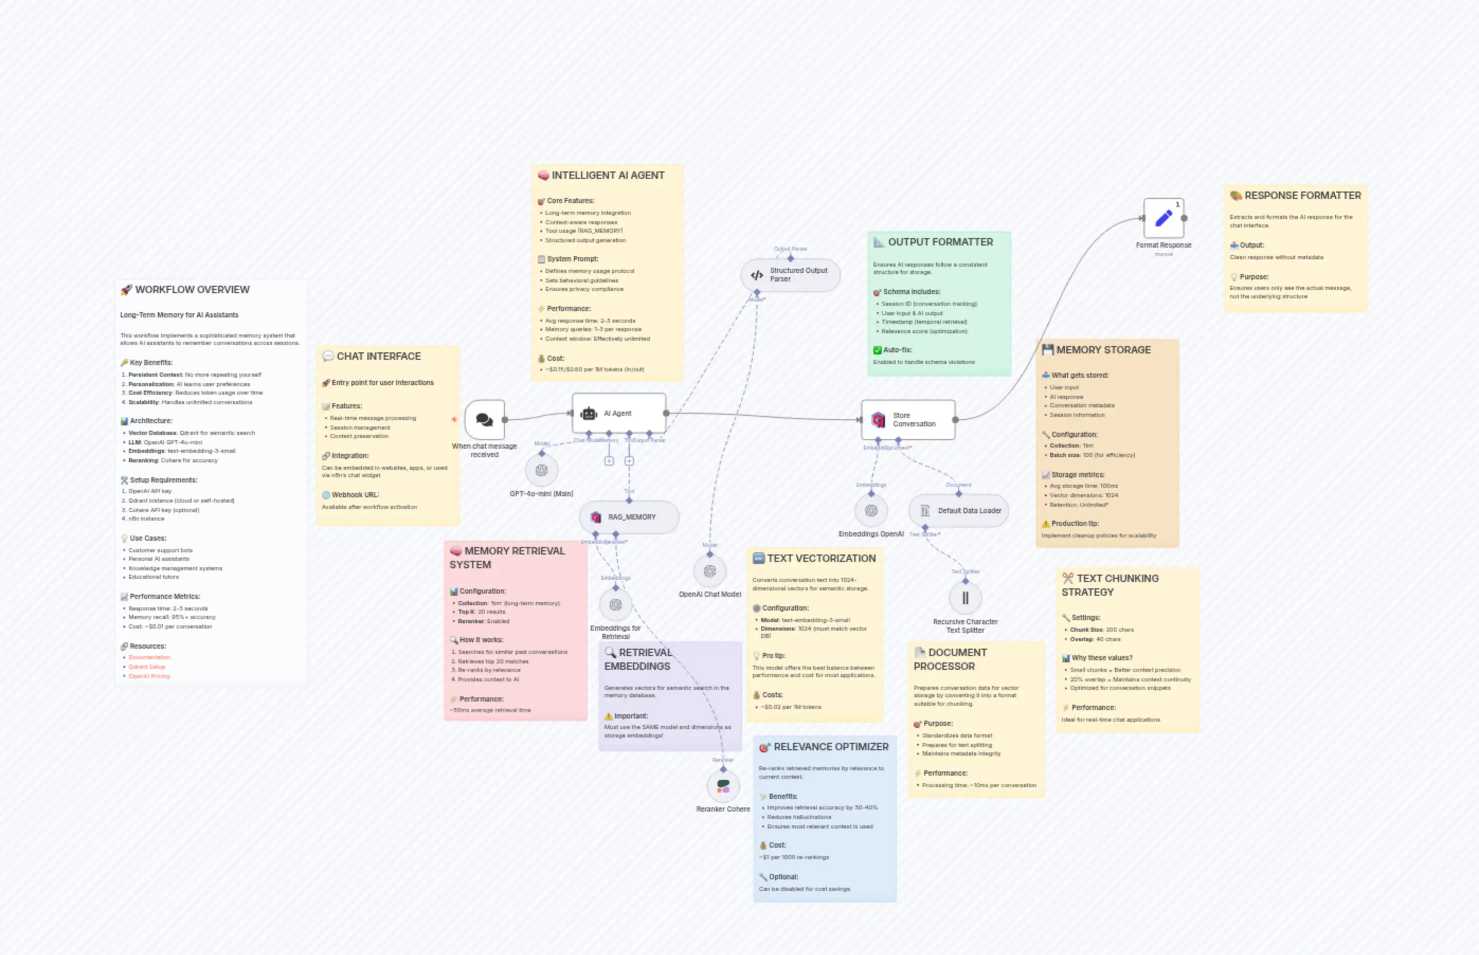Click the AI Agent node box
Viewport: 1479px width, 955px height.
618,413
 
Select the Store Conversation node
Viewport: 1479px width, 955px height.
908,420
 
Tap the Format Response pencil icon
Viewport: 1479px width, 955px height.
1163,219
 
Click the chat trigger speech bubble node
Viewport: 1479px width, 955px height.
484,420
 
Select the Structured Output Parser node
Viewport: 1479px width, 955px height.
790,275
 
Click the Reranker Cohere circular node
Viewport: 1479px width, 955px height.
723,786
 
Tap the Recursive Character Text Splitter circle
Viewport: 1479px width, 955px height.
964,598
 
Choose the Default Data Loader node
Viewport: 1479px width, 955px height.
959,511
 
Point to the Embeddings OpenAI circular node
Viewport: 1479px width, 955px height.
870,511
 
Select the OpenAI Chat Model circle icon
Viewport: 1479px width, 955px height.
710,571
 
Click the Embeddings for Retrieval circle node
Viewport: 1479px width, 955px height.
616,605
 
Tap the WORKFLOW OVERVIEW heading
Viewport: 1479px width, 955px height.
192,289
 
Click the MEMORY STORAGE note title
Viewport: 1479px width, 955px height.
1103,350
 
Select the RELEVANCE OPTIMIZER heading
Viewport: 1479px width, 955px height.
831,747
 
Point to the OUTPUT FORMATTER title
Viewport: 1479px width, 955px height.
940,242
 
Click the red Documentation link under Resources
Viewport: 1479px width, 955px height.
149,657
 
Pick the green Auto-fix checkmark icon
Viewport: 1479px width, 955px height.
877,350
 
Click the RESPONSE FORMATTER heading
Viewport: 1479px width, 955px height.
1302,195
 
